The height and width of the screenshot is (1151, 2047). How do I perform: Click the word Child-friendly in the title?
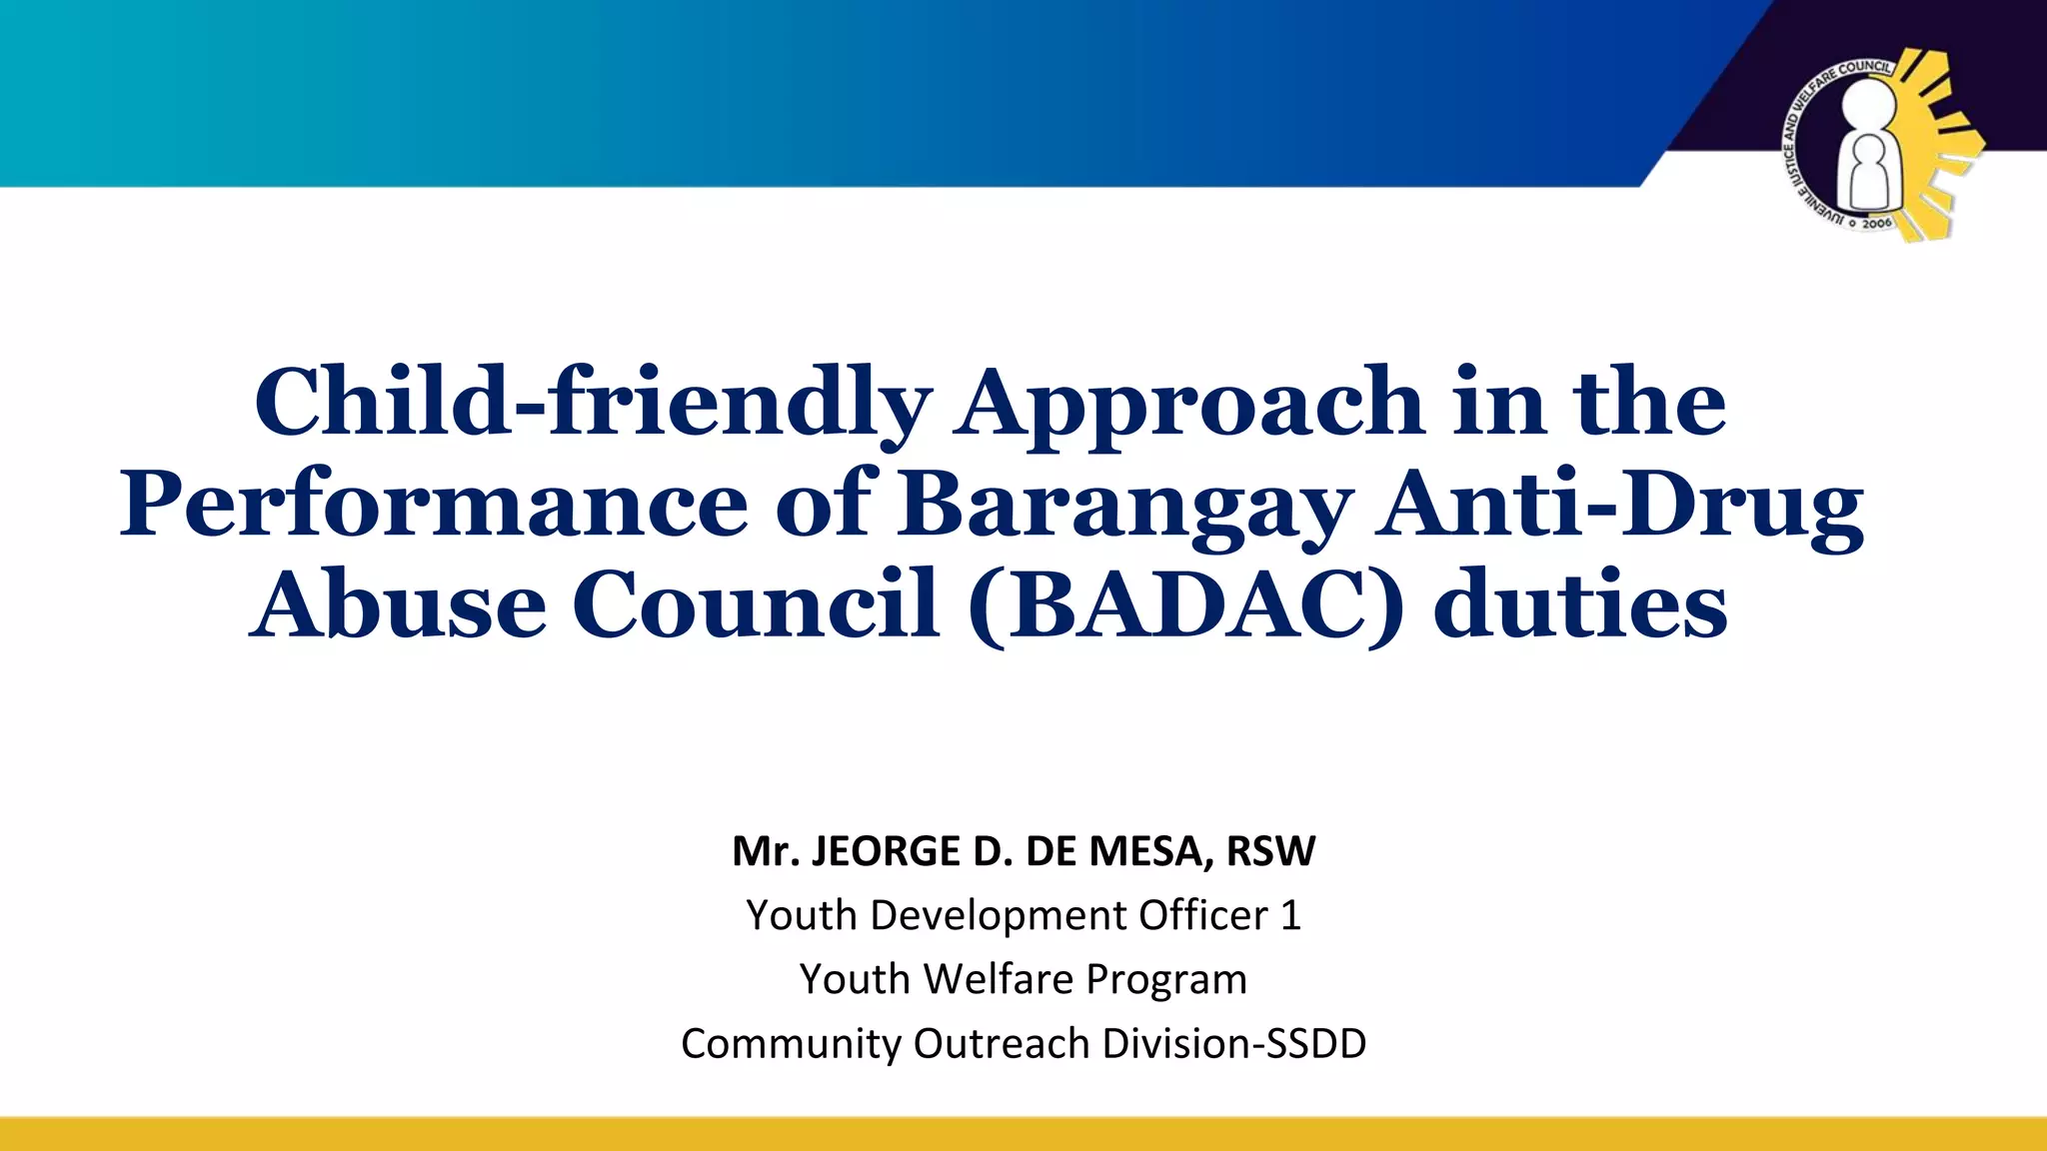(593, 403)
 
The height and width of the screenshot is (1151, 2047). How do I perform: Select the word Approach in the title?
(1188, 403)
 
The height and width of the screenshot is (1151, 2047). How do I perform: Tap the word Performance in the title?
(433, 504)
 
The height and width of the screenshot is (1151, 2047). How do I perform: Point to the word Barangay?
(1124, 504)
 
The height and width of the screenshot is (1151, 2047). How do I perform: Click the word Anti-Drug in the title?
(1619, 504)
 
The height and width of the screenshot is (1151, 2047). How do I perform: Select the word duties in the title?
(1580, 605)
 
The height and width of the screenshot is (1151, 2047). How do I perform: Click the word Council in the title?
(756, 605)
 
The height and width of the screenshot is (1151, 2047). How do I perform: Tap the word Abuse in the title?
(398, 605)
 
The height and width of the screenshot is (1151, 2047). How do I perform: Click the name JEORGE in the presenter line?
(886, 851)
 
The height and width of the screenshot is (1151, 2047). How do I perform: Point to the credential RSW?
(1270, 851)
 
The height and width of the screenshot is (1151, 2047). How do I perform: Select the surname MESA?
(1150, 851)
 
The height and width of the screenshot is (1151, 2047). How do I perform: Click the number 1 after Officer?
(1290, 915)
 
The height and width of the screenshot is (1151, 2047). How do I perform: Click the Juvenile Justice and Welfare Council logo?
(1879, 145)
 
